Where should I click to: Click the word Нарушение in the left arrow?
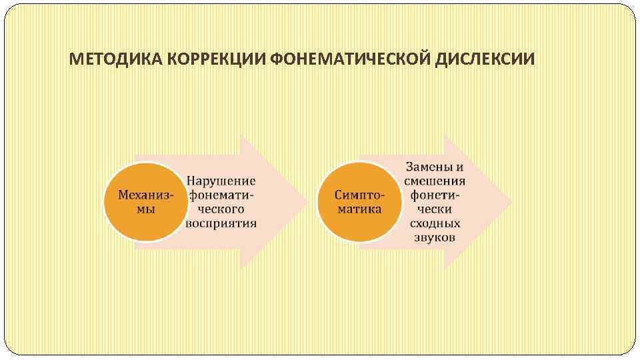[x=221, y=181]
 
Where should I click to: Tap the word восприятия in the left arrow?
[x=221, y=223]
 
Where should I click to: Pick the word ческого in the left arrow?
[x=221, y=209]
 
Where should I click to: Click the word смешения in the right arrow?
[x=435, y=181]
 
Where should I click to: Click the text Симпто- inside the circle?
[x=360, y=195]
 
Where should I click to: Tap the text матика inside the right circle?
[x=360, y=209]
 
